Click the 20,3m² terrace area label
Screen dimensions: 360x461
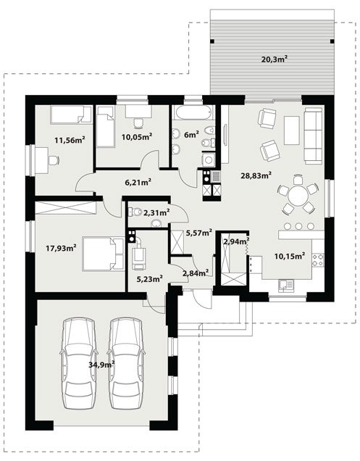(x=274, y=59)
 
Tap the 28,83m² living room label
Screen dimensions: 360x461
(x=256, y=175)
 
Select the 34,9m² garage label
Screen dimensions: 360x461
(x=101, y=365)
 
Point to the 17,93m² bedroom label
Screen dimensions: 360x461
(x=61, y=248)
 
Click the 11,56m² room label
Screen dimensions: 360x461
(x=70, y=140)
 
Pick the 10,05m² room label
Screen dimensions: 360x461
(x=137, y=136)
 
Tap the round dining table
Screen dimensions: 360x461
(x=298, y=195)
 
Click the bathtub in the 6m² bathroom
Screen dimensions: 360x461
(x=193, y=112)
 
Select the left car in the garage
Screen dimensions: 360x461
(x=78, y=364)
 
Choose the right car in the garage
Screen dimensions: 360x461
(x=126, y=364)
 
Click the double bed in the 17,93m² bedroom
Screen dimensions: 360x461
(x=103, y=254)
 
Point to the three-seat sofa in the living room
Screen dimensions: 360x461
(x=313, y=136)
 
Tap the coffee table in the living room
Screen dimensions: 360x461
(x=292, y=130)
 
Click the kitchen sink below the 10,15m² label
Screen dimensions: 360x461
(x=285, y=286)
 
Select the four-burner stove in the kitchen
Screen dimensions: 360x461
(x=318, y=259)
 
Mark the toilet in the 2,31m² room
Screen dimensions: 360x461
(x=135, y=212)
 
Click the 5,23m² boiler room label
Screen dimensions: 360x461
(x=150, y=279)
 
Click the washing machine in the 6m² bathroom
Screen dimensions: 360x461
(x=209, y=160)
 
